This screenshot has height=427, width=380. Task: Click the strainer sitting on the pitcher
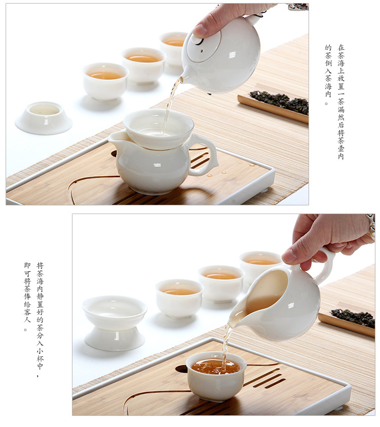[158, 129]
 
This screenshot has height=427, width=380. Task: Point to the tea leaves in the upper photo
[280, 102]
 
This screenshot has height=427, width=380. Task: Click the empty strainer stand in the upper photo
[44, 118]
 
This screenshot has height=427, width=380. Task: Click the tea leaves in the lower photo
[353, 318]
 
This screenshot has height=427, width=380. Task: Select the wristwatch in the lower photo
[371, 227]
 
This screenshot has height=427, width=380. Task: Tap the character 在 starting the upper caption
[341, 48]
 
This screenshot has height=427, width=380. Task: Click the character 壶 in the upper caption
[341, 148]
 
